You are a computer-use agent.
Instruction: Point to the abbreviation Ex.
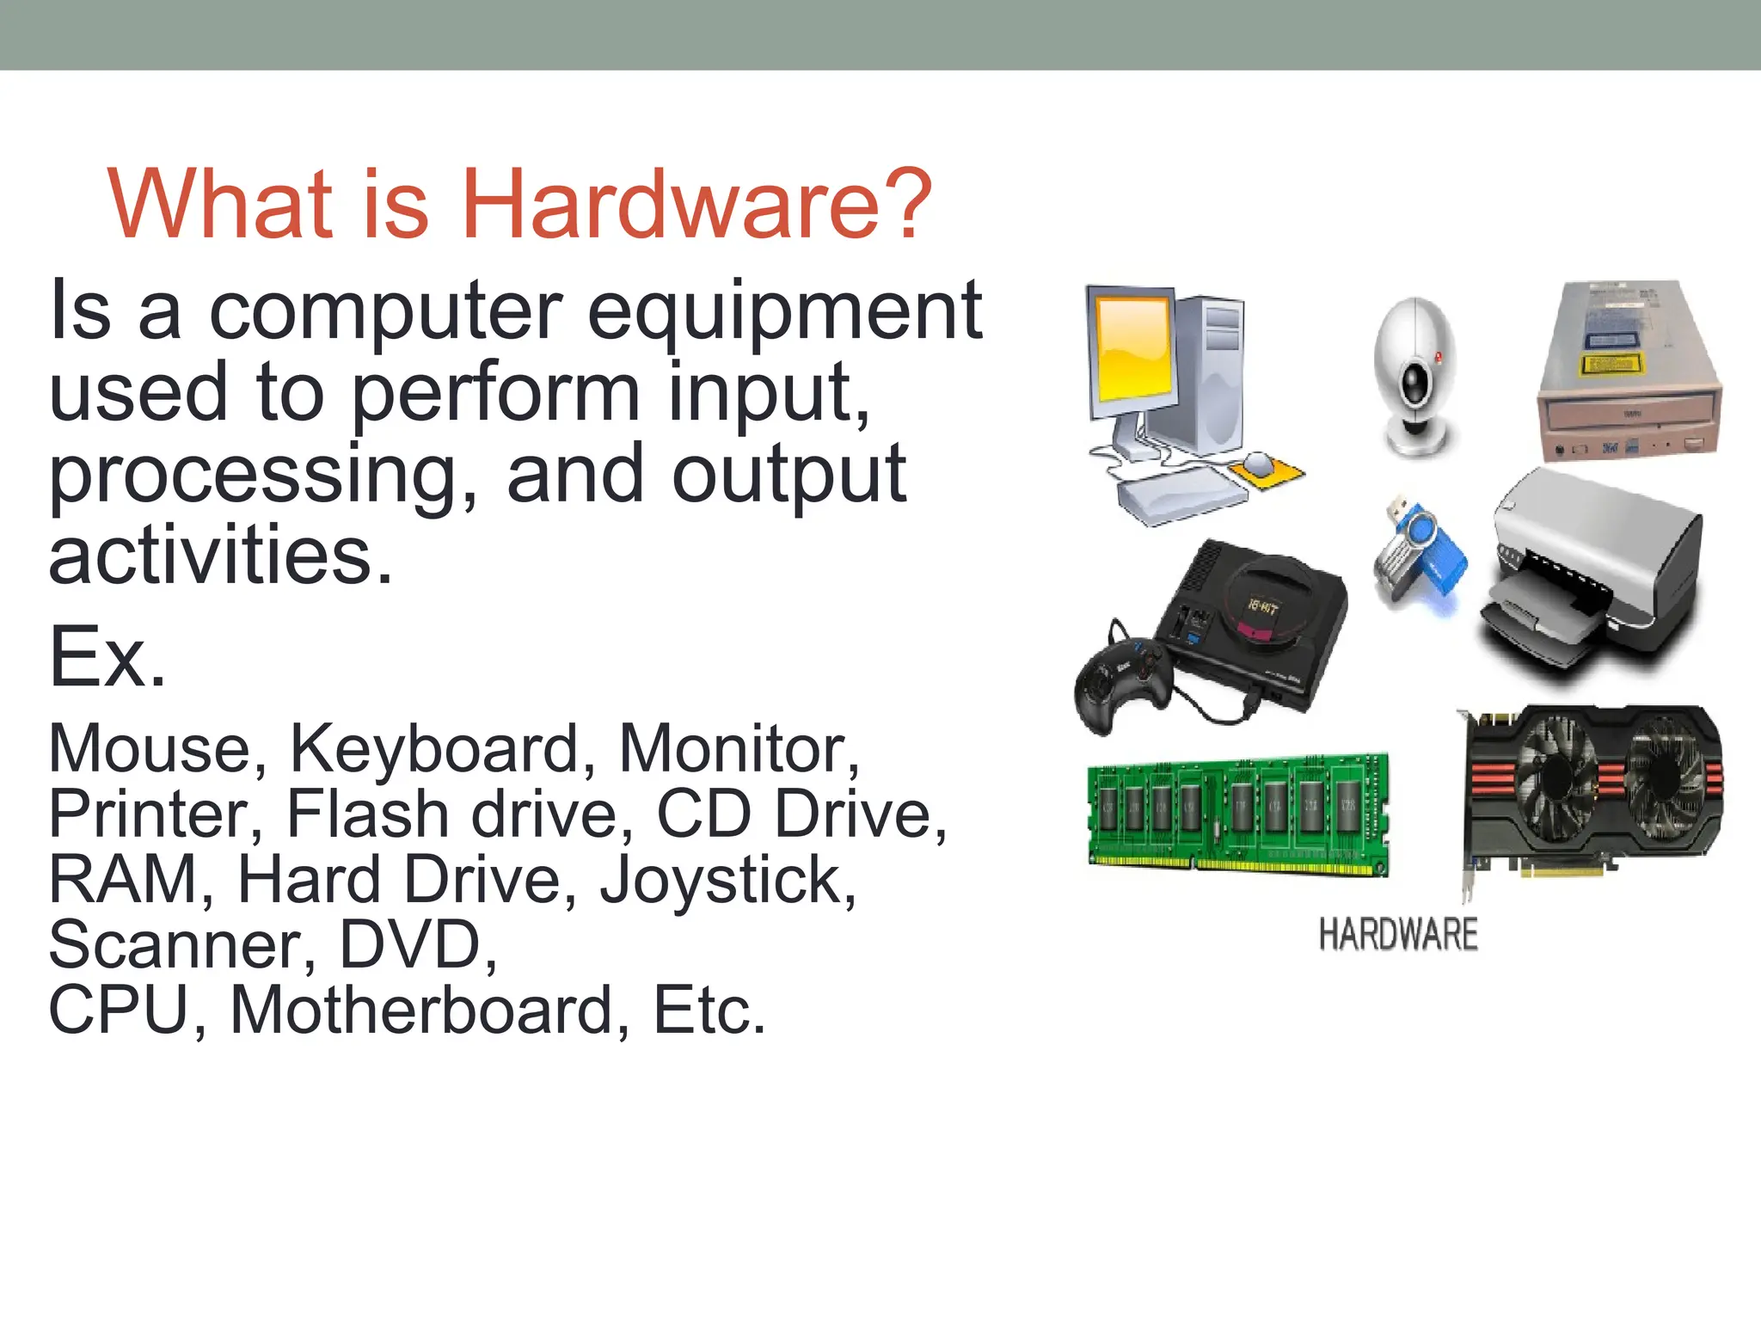tap(107, 658)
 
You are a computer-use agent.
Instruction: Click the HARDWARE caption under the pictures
tap(1398, 935)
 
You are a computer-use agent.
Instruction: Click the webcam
tap(1414, 374)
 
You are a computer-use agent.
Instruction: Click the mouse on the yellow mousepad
tap(1257, 464)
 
